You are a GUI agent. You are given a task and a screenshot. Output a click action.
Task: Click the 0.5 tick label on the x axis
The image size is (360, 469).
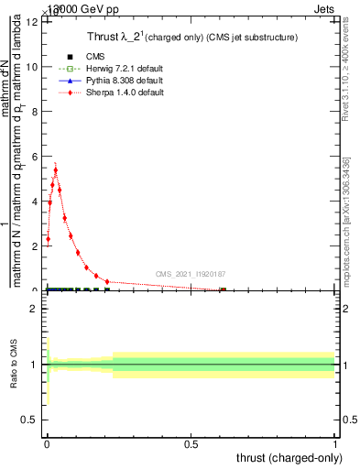[x=191, y=445]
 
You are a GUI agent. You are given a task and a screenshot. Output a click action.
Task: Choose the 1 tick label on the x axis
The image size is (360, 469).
[x=335, y=445]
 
